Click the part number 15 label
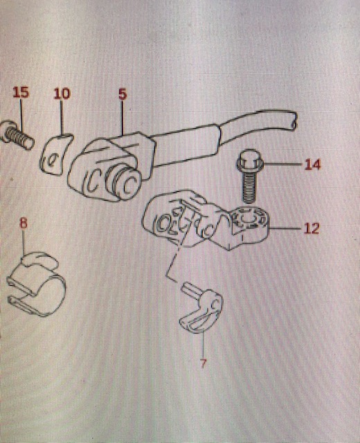point(21,92)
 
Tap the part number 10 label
point(62,93)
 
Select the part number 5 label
point(123,94)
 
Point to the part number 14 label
point(312,165)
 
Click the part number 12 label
point(312,228)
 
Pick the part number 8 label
point(24,223)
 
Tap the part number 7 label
point(203,363)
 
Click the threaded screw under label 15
point(17,135)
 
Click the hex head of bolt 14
point(249,160)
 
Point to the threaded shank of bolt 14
point(248,187)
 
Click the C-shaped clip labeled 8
point(36,284)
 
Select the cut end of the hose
point(293,121)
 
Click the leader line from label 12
point(285,228)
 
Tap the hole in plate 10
point(53,160)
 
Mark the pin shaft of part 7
point(188,290)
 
